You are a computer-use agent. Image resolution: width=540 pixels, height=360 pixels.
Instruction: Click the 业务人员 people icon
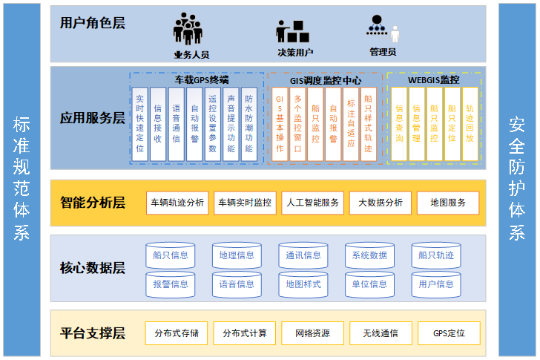point(188,28)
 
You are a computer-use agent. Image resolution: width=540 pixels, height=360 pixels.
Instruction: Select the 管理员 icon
point(382,29)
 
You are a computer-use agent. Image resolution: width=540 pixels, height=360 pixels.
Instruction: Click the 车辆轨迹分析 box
point(177,203)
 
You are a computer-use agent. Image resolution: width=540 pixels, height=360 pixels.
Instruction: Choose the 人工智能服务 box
point(312,203)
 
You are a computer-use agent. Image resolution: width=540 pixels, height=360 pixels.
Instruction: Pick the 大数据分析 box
point(380,203)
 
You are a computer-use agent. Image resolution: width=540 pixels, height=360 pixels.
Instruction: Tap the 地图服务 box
point(447,203)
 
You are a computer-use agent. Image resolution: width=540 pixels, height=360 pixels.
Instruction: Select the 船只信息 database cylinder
point(170,255)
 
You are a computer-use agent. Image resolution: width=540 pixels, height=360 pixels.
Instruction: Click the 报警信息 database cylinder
point(170,284)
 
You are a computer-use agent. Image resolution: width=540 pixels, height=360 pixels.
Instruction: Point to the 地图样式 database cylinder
point(303,284)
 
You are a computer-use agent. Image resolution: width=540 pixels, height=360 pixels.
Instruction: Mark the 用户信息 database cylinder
point(435,284)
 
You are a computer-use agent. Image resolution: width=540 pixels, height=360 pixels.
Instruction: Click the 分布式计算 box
point(245,333)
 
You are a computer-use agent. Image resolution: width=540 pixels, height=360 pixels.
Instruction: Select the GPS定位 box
point(449,333)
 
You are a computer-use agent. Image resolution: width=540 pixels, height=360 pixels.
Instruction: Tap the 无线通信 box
point(380,333)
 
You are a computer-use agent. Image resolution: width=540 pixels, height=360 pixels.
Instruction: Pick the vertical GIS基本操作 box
point(280,123)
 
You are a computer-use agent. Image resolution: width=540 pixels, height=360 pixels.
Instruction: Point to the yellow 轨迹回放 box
point(470,122)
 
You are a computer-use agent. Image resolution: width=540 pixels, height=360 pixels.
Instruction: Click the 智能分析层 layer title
point(93,203)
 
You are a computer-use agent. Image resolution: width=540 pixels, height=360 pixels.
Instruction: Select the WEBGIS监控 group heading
point(433,79)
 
